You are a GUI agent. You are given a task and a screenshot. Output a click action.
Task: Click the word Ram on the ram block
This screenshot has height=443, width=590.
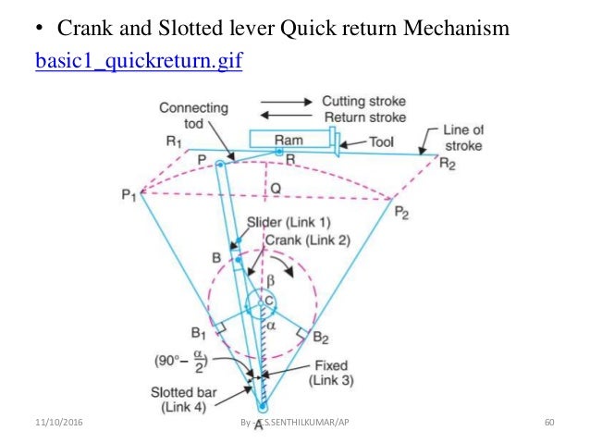(288, 141)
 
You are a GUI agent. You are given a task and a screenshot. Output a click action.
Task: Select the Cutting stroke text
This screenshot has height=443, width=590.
(363, 102)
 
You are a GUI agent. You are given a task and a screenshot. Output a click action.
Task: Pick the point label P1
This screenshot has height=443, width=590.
(129, 195)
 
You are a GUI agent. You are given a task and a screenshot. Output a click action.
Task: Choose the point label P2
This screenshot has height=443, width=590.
(401, 212)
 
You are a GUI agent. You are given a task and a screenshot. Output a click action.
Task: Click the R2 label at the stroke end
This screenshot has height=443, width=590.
(448, 165)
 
